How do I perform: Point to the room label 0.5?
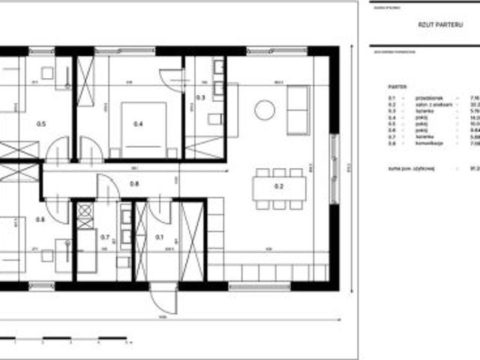[x=41, y=124]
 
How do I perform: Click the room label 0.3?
[x=200, y=97]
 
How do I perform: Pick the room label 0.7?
[x=105, y=238]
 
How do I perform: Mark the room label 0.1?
[x=159, y=238]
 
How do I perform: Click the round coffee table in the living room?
[x=265, y=110]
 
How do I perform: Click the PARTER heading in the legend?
[x=397, y=86]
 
